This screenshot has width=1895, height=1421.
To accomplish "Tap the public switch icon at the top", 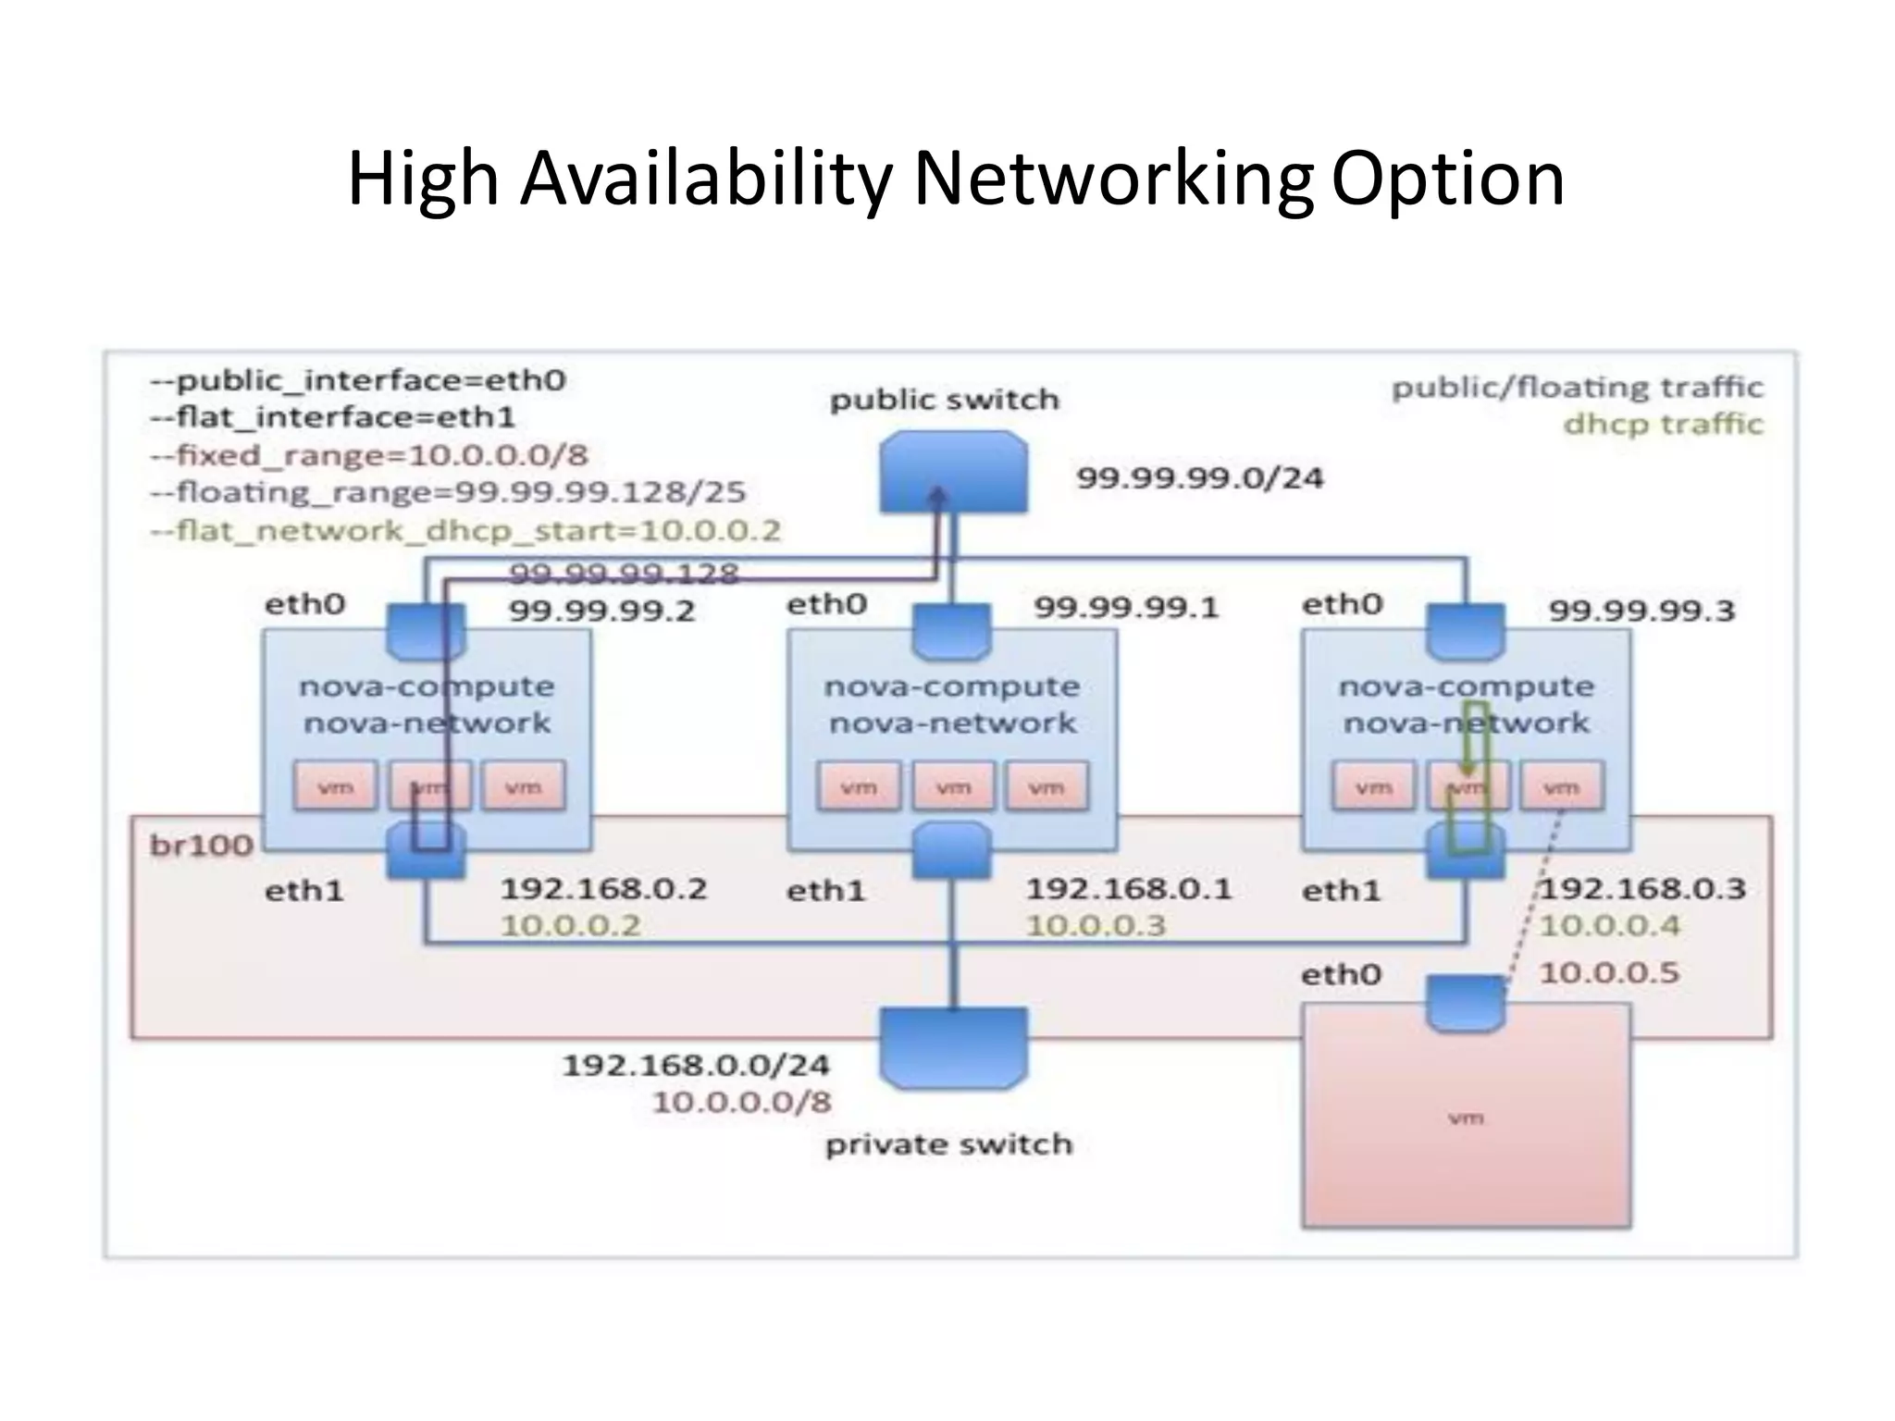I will [x=953, y=472].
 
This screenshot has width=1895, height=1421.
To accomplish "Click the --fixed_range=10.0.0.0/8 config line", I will [x=369, y=455].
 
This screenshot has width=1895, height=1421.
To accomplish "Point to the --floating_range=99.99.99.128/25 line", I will [x=448, y=491].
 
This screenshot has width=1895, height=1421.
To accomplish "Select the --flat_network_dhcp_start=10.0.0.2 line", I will [x=465, y=530].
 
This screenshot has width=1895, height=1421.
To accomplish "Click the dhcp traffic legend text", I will [x=1663, y=424].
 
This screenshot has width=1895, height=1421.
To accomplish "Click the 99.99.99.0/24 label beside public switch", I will [x=1199, y=478].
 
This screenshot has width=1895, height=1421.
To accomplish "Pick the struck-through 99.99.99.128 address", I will [x=624, y=574].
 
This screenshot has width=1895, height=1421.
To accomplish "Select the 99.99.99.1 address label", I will [x=1126, y=608].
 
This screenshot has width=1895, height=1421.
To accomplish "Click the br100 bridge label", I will [x=201, y=845].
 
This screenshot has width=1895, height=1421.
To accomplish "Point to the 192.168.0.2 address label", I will [x=603, y=889].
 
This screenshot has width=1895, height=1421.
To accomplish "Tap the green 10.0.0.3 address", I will [x=1096, y=925].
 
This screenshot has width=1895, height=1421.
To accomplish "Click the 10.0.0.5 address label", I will [x=1608, y=972].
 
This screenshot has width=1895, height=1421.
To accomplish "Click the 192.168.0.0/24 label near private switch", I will [x=696, y=1065].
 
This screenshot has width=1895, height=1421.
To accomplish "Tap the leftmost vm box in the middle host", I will [x=858, y=786].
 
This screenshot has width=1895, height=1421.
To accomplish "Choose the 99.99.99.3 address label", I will [x=1641, y=611].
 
